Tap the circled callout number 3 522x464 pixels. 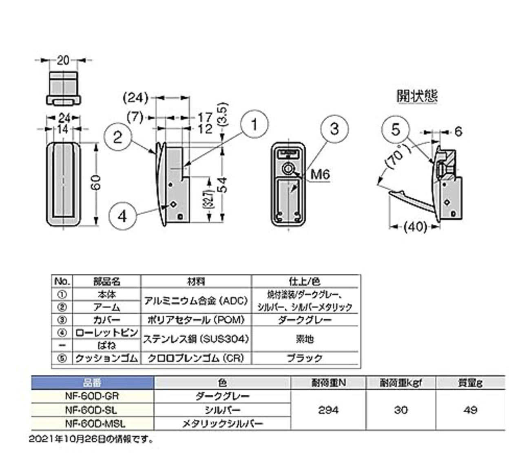[x=334, y=129]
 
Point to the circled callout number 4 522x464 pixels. [x=122, y=216]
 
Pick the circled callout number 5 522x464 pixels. [x=396, y=130]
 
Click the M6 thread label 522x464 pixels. [x=320, y=174]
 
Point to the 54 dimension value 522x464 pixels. [x=223, y=184]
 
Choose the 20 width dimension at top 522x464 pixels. [x=63, y=60]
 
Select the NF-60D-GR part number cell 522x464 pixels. [x=92, y=396]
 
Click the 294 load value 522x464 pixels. [x=328, y=410]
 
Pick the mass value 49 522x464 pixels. [x=470, y=410]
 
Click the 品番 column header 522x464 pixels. [x=92, y=383]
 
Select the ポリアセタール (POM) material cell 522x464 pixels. [x=196, y=320]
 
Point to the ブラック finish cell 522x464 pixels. [x=305, y=358]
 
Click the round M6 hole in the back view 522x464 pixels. [x=288, y=168]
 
